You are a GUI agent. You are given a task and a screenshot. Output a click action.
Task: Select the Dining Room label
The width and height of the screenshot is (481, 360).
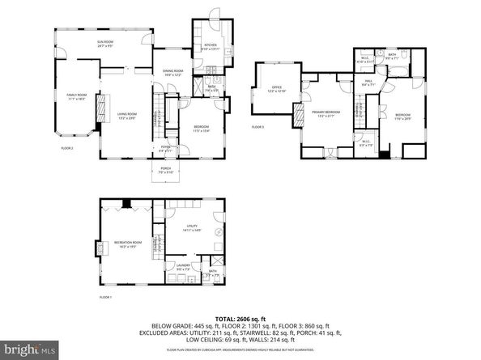pos(172,73)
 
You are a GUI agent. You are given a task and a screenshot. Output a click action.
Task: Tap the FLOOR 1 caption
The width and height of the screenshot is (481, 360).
pos(106,298)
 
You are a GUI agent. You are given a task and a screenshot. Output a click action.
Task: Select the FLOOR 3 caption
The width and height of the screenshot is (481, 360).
pos(258,127)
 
